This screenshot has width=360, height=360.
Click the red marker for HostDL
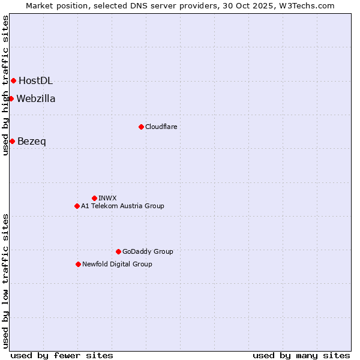click(13, 80)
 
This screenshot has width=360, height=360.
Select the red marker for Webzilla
click(11, 98)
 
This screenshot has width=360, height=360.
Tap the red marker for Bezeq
click(12, 141)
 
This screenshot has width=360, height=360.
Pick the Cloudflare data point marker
click(141, 127)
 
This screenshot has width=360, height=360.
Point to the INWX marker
click(94, 198)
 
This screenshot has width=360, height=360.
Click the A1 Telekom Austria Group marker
click(77, 206)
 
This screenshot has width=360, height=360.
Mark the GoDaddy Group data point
click(118, 251)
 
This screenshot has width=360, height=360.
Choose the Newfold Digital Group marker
click(78, 264)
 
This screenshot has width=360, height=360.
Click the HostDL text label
click(35, 81)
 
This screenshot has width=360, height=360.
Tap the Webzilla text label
click(36, 99)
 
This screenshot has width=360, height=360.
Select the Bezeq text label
click(32, 142)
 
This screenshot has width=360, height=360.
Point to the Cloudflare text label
click(161, 127)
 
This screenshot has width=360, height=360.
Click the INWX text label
click(108, 198)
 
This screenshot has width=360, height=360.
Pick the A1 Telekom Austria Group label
click(122, 206)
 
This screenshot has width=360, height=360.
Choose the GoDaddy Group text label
click(148, 252)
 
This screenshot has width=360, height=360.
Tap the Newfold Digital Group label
click(117, 265)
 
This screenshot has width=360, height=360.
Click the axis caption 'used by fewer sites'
click(62, 355)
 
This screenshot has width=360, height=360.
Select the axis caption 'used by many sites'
click(301, 355)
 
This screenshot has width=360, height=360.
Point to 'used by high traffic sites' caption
click(5, 85)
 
